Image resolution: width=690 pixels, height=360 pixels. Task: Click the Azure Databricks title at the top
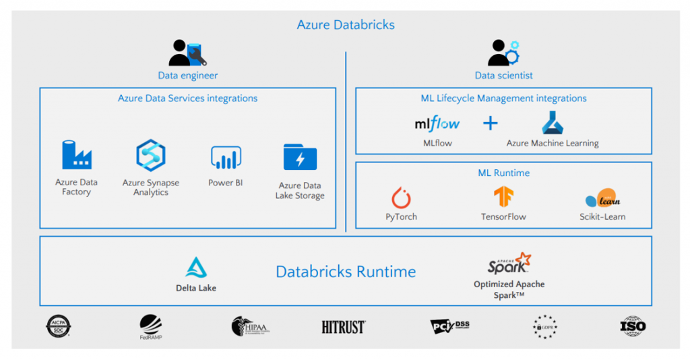(346, 25)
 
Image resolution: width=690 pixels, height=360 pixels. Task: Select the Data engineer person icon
(187, 53)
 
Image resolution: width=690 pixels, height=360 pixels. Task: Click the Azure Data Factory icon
(76, 155)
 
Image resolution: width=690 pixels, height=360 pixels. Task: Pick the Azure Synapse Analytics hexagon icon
(150, 155)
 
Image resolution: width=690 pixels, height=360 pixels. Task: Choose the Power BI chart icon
(226, 157)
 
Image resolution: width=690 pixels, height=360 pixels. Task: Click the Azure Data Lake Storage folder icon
(300, 157)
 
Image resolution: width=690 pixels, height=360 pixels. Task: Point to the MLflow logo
(437, 123)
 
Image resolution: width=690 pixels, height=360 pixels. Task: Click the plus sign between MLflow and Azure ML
(491, 123)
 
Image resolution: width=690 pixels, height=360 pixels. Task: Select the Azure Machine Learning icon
(553, 123)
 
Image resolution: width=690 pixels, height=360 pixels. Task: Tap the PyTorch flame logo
(402, 198)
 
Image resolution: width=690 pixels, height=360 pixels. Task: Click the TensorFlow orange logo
(503, 197)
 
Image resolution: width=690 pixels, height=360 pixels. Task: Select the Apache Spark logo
(509, 264)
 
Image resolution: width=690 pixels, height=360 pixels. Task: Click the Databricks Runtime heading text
(346, 272)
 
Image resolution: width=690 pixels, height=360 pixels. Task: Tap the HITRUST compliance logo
(344, 327)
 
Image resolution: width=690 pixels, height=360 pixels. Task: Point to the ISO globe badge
(633, 326)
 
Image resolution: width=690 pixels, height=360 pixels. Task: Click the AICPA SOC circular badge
(59, 327)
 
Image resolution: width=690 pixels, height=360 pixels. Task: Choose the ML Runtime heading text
(503, 173)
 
